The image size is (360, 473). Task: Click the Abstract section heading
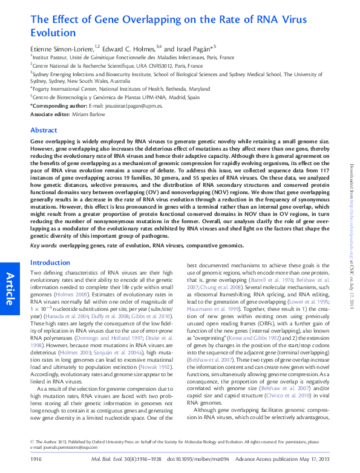[44, 130]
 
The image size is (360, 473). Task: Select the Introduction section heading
[50, 263]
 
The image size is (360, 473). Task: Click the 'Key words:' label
[44, 246]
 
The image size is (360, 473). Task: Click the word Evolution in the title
[53, 33]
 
